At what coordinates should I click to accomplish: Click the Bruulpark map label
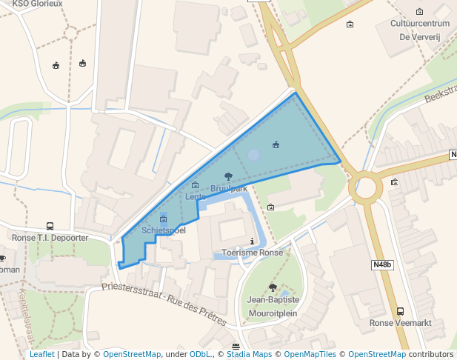228,189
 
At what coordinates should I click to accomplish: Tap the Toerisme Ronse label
253,252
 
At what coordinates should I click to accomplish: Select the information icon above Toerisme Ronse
253,241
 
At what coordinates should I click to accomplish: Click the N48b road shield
382,264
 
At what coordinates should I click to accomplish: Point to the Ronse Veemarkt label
400,323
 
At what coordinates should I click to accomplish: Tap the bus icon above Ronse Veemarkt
400,312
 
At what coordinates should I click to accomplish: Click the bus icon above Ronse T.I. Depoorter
50,227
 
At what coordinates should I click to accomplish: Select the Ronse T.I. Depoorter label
50,238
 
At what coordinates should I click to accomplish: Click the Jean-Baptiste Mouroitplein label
273,306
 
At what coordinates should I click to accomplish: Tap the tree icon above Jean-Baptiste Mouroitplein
273,287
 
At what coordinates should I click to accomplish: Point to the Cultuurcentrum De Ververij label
420,30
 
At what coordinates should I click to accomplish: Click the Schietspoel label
163,230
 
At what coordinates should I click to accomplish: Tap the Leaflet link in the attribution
41,355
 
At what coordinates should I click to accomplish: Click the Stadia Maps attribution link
250,355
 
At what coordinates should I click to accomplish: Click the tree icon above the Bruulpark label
228,176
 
